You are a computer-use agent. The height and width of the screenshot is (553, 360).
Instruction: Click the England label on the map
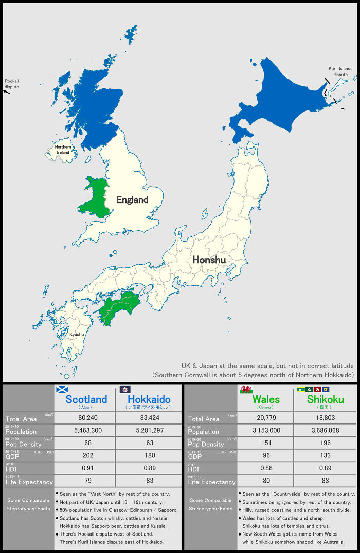pos(132,200)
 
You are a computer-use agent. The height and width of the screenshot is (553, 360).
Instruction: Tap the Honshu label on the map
pos(209,260)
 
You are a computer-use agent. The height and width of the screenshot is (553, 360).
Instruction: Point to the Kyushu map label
pos(77,334)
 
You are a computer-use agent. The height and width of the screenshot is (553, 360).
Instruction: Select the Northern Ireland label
pos(63,150)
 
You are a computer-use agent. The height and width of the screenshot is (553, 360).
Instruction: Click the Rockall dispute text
pos(12,84)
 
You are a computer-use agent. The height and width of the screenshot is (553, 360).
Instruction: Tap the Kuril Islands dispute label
pos(340,71)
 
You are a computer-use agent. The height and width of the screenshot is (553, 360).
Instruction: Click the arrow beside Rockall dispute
pos(7,92)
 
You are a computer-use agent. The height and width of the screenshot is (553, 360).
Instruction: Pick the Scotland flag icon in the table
pos(62,389)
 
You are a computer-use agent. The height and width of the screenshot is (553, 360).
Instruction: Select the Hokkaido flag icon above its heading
pos(125,389)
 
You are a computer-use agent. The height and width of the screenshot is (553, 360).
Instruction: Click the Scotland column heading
pos(86,399)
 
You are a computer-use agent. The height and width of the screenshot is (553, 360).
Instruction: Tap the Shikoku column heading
pos(325,399)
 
